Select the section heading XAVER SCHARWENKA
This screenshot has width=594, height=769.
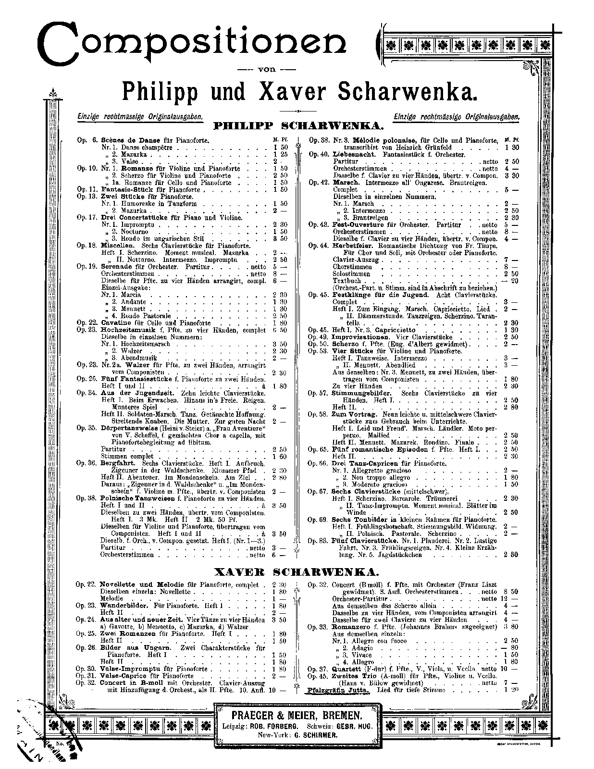[x=297, y=572]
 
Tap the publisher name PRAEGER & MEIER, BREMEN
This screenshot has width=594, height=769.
[x=296, y=715]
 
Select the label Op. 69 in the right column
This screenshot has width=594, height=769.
[x=318, y=520]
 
